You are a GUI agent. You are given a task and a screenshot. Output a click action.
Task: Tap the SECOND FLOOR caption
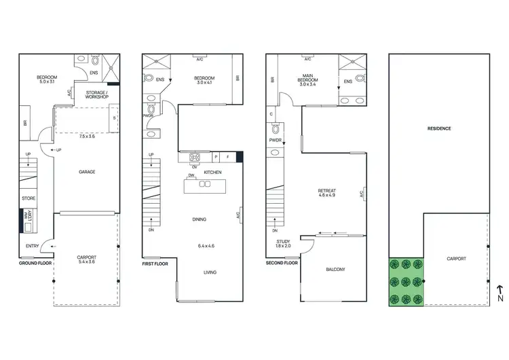pyautogui.click(x=282, y=262)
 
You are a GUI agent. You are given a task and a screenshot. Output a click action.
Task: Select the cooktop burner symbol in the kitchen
pyautogui.click(x=194, y=158)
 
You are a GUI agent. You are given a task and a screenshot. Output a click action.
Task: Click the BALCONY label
pyautogui.click(x=335, y=270)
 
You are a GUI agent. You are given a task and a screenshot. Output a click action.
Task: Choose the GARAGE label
pyautogui.click(x=87, y=172)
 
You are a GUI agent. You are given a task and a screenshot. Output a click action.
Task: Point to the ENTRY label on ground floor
pyautogui.click(x=32, y=246)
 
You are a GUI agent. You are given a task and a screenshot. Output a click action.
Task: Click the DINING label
pyautogui.click(x=199, y=219)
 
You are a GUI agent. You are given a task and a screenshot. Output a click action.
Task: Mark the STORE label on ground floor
pyautogui.click(x=28, y=199)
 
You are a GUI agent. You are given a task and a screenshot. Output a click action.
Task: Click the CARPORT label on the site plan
pyautogui.click(x=456, y=259)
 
